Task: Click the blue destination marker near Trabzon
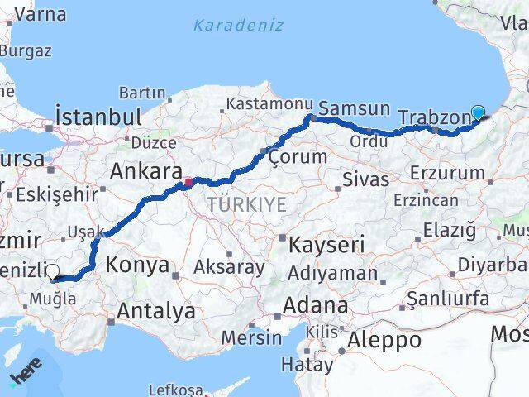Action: [478, 112]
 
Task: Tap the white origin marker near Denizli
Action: [52, 270]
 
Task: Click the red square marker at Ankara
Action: [188, 181]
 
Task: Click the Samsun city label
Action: [354, 108]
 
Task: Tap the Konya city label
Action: [137, 265]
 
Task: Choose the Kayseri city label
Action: [326, 244]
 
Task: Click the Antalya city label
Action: [156, 311]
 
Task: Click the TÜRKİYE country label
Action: [246, 204]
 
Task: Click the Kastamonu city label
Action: [269, 104]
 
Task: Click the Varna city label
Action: [41, 13]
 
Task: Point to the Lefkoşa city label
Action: [175, 390]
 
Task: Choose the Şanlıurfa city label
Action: [454, 299]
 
